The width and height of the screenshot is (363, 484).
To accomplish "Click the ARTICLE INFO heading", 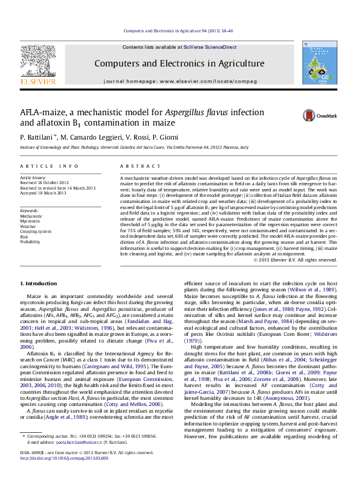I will [49, 166].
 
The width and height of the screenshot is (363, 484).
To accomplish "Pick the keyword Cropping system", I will [35, 231].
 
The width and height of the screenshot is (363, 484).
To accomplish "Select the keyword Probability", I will [31, 242].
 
